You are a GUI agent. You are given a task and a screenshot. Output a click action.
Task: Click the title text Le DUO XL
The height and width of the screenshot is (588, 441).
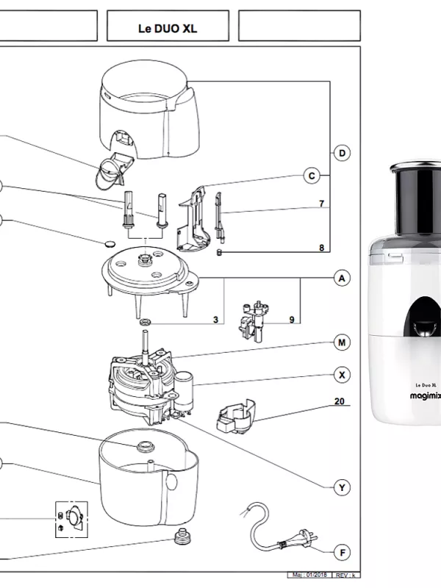pyautogui.click(x=168, y=29)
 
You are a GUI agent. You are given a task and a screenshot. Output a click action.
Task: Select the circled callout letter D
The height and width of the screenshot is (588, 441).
pyautogui.click(x=341, y=153)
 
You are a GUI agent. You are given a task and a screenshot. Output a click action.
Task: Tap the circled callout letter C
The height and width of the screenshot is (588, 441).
pyautogui.click(x=312, y=176)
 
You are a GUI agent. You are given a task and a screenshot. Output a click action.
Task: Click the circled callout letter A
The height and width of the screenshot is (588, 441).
pyautogui.click(x=341, y=279)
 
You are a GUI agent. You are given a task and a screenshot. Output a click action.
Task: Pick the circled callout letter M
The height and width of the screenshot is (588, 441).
pyautogui.click(x=341, y=343)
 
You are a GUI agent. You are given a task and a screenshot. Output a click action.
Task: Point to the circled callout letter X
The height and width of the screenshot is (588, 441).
pyautogui.click(x=341, y=375)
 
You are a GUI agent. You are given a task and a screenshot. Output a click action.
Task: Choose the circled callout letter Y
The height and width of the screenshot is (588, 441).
pyautogui.click(x=341, y=488)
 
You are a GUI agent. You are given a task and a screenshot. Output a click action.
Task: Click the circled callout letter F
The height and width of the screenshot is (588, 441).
pyautogui.click(x=341, y=551)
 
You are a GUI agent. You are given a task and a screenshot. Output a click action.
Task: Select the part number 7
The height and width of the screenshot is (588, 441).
pyautogui.click(x=321, y=203)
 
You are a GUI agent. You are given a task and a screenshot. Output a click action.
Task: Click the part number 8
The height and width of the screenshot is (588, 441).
pyautogui.click(x=321, y=248)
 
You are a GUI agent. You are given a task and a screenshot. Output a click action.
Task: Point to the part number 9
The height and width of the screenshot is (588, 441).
pyautogui.click(x=292, y=320)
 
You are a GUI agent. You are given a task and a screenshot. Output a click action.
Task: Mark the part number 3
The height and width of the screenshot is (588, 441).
pyautogui.click(x=215, y=320)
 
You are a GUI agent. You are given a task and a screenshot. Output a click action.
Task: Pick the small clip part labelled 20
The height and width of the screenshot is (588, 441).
pyautogui.click(x=233, y=417)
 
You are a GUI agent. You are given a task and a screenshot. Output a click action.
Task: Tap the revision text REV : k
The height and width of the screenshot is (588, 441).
pyautogui.click(x=345, y=575)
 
